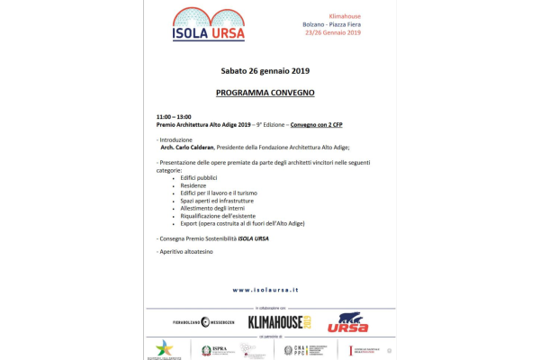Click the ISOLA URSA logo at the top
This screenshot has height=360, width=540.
[208, 24]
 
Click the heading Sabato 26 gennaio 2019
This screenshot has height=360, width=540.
[265, 70]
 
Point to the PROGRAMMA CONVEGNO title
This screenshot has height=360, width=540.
[265, 93]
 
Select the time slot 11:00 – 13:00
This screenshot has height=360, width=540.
[174, 117]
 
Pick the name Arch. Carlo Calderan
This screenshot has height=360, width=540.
[188, 147]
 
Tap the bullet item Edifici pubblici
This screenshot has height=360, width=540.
[199, 178]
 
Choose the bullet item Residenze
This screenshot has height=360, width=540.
[193, 185]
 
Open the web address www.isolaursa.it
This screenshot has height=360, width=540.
[265, 290]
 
